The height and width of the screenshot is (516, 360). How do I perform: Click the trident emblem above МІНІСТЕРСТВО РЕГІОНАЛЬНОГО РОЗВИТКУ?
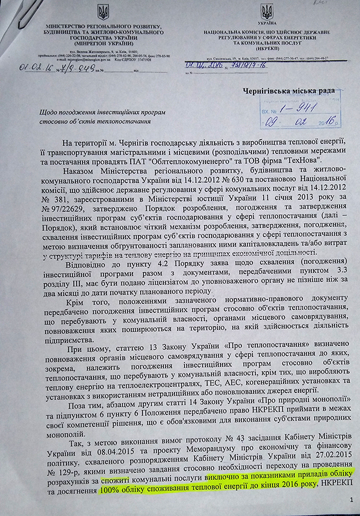tap(103, 12)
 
